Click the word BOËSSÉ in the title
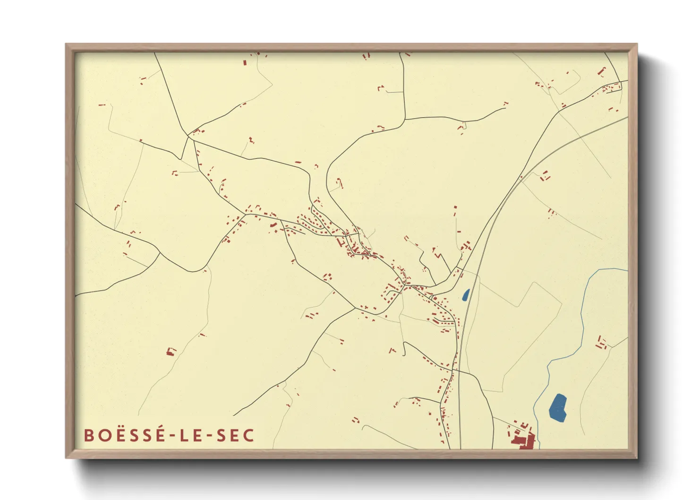click(x=124, y=435)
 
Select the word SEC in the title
click(x=235, y=435)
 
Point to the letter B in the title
click(x=88, y=435)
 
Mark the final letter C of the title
click(x=249, y=435)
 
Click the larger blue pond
click(x=558, y=407)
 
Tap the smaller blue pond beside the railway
click(x=466, y=295)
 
